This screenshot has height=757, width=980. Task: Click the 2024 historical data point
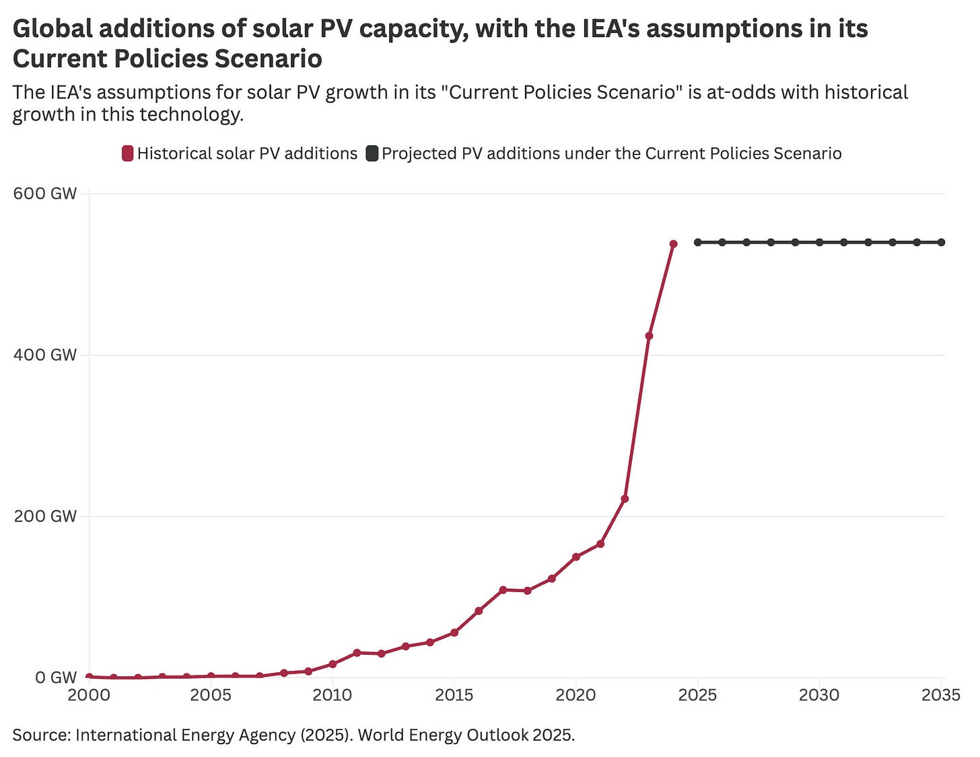673,244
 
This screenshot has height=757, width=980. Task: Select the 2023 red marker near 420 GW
649,336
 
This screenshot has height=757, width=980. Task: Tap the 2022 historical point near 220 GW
625,499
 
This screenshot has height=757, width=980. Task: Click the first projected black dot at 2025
698,242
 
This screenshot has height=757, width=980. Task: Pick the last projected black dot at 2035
942,242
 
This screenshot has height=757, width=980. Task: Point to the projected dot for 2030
819,242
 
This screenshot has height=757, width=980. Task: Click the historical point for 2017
503,589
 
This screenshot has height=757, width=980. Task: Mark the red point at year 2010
332,664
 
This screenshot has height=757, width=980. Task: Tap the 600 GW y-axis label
45,194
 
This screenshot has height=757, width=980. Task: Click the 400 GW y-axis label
45,355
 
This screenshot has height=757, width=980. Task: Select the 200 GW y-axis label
45,516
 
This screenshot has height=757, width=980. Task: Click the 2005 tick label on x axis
211,695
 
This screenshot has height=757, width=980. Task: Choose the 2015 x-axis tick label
454,695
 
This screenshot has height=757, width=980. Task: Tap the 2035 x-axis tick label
941,695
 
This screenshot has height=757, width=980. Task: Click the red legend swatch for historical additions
127,153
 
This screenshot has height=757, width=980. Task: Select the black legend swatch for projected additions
372,153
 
